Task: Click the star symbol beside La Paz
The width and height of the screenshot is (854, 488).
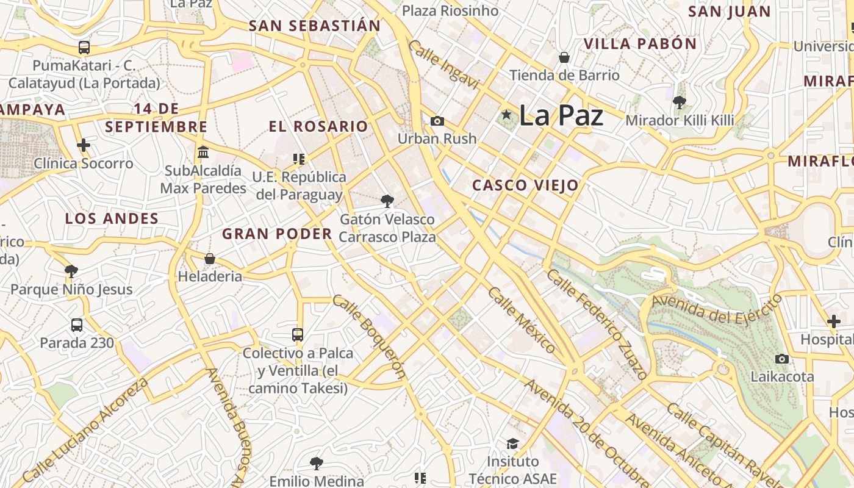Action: pos(506,115)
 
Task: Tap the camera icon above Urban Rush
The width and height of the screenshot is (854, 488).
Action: pos(437,121)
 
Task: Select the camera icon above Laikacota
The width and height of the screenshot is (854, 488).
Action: pos(781,359)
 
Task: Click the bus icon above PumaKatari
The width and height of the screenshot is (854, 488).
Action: pos(84,48)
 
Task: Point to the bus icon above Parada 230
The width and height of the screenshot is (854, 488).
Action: pos(77,325)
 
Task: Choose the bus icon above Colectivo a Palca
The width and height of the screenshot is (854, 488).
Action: pos(298,334)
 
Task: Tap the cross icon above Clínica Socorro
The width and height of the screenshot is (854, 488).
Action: pos(84,145)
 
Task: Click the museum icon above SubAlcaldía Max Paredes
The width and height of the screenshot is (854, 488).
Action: pos(203,152)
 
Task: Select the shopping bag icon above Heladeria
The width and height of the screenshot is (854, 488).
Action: pos(210,259)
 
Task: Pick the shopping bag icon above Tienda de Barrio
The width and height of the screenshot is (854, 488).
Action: pos(564,57)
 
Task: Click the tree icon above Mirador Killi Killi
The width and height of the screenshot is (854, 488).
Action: pos(680,102)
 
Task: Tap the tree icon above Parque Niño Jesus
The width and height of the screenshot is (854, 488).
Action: pos(71,271)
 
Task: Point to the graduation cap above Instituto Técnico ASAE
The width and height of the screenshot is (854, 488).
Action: pos(512,443)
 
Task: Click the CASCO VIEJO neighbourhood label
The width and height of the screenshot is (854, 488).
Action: pos(525,185)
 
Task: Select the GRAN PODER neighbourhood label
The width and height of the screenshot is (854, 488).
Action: pos(277,234)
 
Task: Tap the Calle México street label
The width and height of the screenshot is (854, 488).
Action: pos(522,320)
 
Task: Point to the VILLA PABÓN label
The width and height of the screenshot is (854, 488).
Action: pos(640,44)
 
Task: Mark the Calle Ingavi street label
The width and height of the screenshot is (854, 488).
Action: pos(443,65)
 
